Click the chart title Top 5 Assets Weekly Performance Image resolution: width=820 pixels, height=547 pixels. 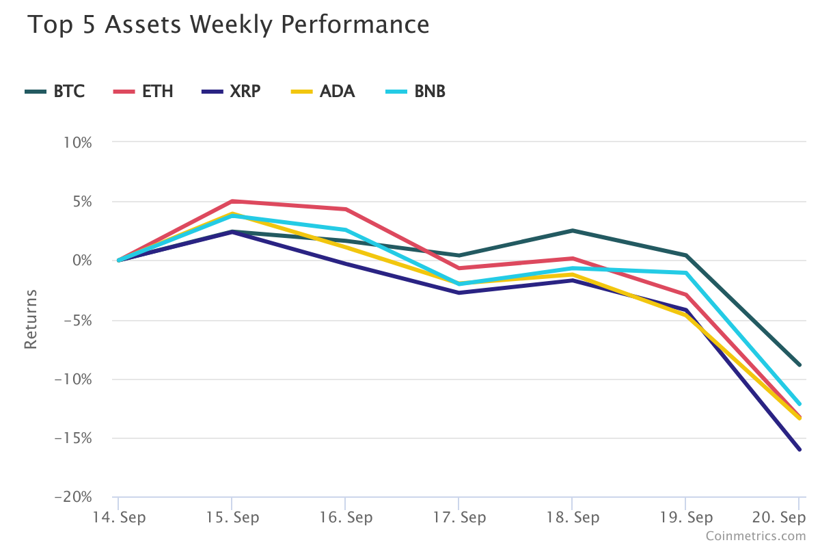tap(228, 25)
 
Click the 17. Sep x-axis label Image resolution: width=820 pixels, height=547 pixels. tap(459, 517)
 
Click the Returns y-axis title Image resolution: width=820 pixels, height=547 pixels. tap(31, 319)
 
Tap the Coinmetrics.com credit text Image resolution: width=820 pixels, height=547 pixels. tap(756, 536)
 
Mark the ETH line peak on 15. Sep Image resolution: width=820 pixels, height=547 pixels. tap(232, 201)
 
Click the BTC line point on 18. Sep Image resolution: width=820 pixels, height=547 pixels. tap(572, 230)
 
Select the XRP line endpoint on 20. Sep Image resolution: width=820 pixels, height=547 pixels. tap(799, 449)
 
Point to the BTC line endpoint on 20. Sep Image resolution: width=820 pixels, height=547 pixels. tap(799, 364)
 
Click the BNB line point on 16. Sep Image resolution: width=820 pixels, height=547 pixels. tap(345, 230)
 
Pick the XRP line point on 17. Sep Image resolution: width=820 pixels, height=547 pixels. tap(459, 293)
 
